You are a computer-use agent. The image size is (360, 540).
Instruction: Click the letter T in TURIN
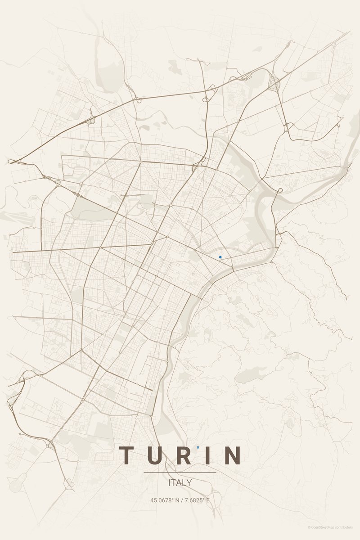(127, 455)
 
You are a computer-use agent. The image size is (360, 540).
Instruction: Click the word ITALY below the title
(180, 483)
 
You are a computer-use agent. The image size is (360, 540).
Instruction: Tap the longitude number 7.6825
(193, 500)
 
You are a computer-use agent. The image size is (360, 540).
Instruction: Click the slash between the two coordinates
(179, 500)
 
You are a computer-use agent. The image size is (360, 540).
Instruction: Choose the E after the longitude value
(208, 500)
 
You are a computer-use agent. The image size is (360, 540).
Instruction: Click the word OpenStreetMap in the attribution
(325, 527)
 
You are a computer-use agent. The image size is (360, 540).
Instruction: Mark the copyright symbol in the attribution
(309, 527)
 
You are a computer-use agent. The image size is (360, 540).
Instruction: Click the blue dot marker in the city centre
(220, 257)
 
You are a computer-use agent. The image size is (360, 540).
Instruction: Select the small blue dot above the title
(198, 447)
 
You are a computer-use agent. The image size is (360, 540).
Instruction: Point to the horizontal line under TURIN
(180, 472)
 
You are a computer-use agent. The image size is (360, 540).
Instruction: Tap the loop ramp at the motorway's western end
(12, 162)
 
